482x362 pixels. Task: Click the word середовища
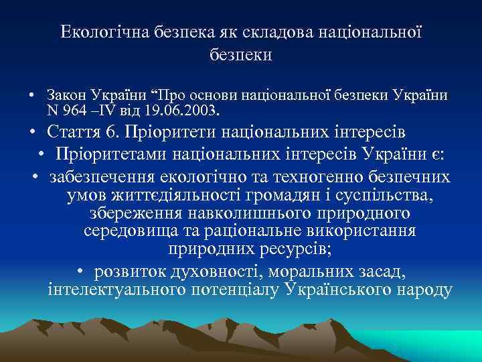point(129,232)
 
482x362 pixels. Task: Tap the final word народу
point(418,289)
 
